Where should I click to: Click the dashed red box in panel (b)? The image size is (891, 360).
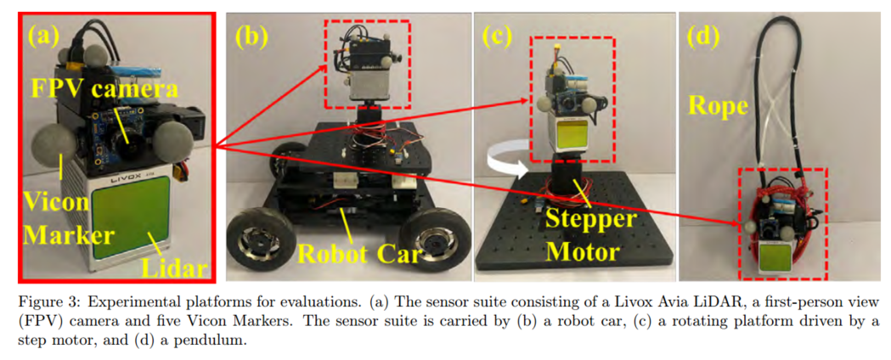367,59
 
